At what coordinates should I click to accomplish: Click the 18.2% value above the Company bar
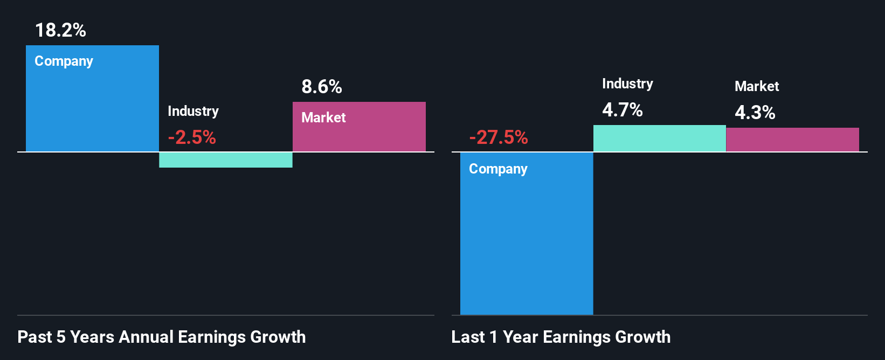(60, 30)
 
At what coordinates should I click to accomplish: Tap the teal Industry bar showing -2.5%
(225, 160)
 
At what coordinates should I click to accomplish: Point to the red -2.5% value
(192, 137)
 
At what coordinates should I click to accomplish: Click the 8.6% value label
(322, 87)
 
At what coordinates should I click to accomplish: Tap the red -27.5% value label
(499, 137)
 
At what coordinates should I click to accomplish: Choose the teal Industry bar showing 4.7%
(659, 139)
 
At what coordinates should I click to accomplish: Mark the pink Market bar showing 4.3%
(792, 140)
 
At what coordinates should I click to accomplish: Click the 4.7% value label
(623, 110)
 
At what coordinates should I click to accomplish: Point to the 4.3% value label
(755, 113)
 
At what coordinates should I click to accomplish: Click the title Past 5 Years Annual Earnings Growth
(162, 337)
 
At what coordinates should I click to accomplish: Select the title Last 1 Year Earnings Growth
(561, 337)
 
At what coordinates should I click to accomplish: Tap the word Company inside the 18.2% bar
(64, 61)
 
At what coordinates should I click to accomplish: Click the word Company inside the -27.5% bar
(498, 169)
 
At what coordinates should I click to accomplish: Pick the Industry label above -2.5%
(193, 111)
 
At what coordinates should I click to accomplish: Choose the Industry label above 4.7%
(627, 84)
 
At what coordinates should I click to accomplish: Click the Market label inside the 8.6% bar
(323, 117)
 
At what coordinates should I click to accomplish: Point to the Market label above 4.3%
(757, 86)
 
